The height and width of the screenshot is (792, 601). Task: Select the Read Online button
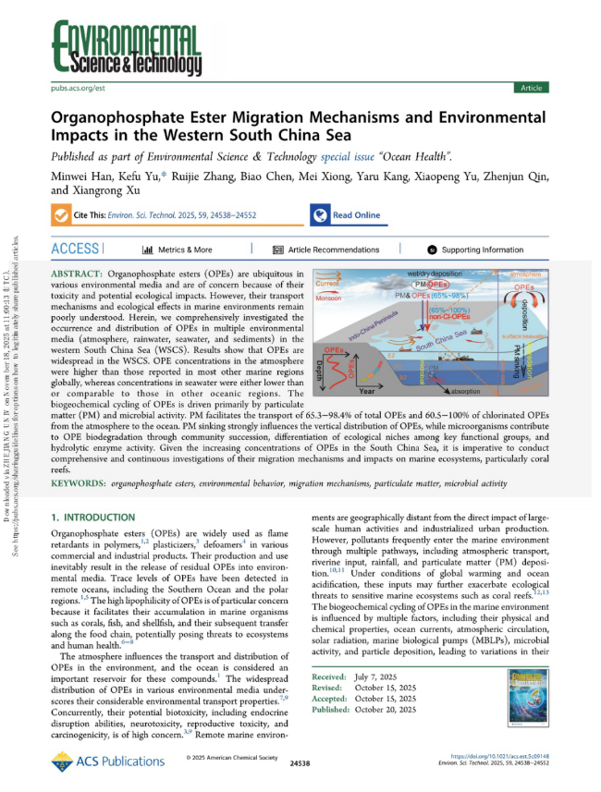pos(347,214)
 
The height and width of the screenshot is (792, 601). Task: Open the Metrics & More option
pos(177,250)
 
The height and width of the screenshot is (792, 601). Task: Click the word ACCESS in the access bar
pos(76,250)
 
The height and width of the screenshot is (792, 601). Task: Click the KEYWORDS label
pos(77,483)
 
